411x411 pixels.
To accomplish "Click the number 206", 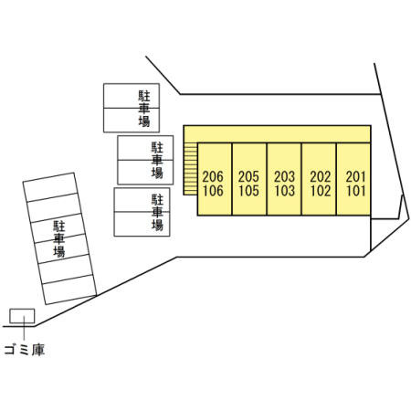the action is tap(213, 176).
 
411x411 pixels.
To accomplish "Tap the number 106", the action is tap(213, 191).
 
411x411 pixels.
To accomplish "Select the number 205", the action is tap(248, 176).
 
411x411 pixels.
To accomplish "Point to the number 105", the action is tap(248, 191).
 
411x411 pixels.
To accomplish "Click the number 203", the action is tap(285, 176).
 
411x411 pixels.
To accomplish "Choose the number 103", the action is tap(285, 191).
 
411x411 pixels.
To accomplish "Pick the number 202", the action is tap(321, 176).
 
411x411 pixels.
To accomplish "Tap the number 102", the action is tap(321, 191).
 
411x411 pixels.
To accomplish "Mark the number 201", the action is tap(355, 176).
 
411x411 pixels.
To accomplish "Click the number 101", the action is tap(355, 191).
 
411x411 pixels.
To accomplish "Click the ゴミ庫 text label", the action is tap(25, 350).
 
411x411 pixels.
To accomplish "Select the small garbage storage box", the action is tap(22, 316).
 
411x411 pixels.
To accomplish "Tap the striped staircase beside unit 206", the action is tap(190, 169).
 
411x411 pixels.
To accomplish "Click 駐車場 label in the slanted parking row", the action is tap(59, 239).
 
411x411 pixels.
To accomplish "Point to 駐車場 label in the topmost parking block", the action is tap(144, 109).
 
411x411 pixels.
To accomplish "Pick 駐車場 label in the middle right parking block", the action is tap(157, 160).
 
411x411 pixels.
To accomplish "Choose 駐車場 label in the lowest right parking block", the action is tap(157, 212).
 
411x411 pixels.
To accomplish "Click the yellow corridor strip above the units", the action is tap(277, 134).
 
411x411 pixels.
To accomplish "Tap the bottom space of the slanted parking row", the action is tap(69, 290).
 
